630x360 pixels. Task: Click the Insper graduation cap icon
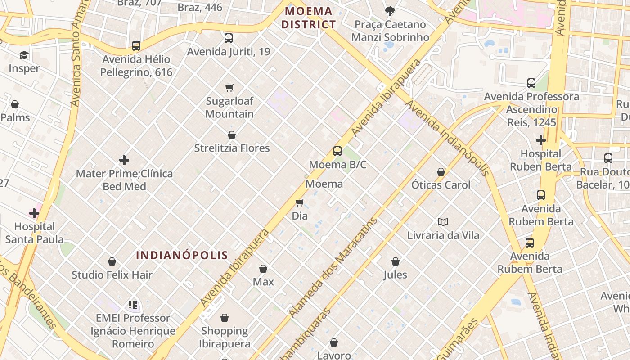(23, 55)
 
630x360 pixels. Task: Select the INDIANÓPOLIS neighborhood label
(182, 255)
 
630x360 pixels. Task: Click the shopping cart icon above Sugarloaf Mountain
(229, 88)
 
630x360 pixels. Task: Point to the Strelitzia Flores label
(232, 148)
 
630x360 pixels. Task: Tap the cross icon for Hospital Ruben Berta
(541, 140)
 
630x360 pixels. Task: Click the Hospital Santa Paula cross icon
(34, 213)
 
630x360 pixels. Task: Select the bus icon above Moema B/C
(337, 151)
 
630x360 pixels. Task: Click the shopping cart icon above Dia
(300, 203)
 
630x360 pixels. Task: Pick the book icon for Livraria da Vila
(443, 222)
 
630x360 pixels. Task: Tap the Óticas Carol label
(441, 185)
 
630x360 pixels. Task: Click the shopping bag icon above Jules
(396, 261)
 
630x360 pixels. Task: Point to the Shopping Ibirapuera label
(225, 337)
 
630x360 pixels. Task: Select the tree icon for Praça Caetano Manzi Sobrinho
(390, 11)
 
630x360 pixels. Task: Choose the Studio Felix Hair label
(112, 274)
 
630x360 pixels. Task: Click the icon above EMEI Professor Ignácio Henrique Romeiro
(133, 305)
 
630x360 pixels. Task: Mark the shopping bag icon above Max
(263, 269)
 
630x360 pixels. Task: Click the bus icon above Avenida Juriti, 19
(229, 38)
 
